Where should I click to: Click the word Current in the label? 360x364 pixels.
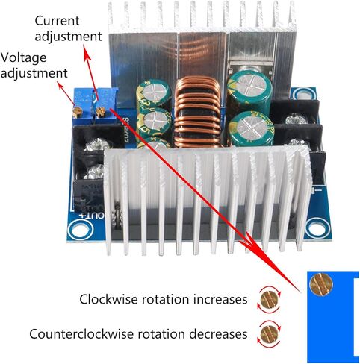click(57, 21)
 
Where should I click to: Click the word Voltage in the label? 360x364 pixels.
click(23, 58)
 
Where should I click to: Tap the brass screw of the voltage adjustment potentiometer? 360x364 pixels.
click(78, 112)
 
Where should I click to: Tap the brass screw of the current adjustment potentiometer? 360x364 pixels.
click(100, 112)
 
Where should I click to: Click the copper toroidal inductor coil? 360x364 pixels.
click(197, 112)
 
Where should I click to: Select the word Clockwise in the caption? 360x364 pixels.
click(108, 299)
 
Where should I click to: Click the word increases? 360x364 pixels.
click(220, 299)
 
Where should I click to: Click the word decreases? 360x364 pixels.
click(218, 334)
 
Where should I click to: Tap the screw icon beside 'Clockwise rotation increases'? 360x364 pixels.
click(270, 300)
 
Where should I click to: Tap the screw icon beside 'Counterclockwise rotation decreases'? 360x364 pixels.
click(270, 334)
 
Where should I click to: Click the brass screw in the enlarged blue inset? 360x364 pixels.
click(321, 284)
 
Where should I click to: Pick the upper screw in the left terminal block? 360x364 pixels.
click(97, 145)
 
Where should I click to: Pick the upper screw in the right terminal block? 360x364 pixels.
click(296, 119)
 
